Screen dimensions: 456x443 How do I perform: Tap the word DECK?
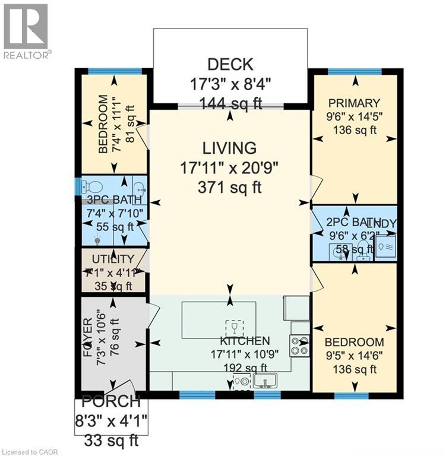pos(230,64)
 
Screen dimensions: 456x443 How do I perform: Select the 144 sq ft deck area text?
pos(230,102)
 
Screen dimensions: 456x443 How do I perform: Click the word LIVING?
pos(230,148)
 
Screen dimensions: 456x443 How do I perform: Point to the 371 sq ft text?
pos(230,188)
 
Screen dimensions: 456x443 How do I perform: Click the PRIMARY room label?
pos(355,103)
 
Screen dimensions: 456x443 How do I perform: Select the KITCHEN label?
pos(245,341)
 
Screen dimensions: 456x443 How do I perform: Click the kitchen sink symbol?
pos(266,380)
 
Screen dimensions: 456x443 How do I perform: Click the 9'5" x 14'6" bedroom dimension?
pos(354,356)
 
